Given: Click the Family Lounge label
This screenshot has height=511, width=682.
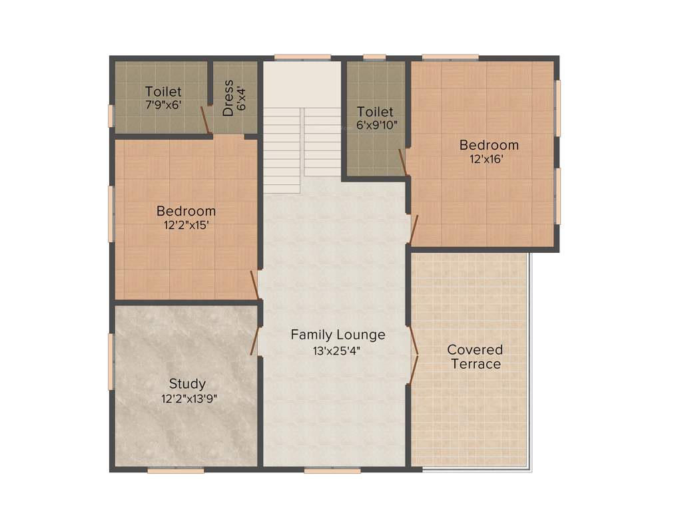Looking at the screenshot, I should coord(338,334).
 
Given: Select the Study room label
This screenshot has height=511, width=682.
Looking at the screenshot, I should coord(187,383).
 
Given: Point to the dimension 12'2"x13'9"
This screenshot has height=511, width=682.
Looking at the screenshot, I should coord(189,399).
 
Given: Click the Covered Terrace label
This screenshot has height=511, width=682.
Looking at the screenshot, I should coord(475,357).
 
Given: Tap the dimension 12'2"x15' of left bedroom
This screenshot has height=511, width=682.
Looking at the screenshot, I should coord(186,226).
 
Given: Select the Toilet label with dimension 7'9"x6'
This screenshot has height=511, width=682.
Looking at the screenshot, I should coord(163,91).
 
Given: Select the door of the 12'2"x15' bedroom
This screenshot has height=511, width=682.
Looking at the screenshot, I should coord(254,285).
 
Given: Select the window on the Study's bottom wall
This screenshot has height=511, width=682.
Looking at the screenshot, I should coord(175,470).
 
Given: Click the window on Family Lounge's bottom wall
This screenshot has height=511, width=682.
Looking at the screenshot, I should coord(332,470).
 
